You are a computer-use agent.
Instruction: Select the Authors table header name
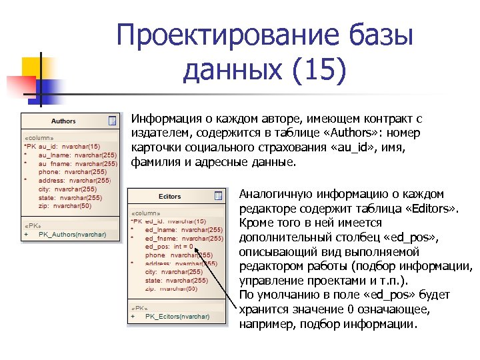[x=63, y=121]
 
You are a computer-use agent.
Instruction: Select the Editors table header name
[x=169, y=197]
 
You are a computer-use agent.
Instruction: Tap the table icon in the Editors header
[x=218, y=196]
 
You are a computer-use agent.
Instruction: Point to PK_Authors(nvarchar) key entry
[x=72, y=234]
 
